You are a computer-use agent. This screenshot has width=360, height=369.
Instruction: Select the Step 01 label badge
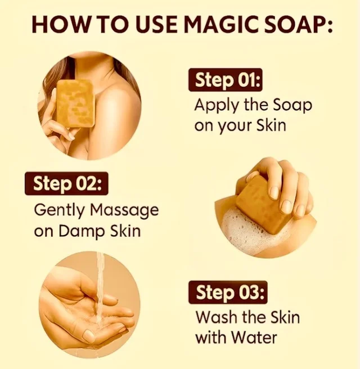(x=225, y=80)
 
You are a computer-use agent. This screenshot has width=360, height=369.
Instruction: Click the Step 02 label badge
(x=66, y=183)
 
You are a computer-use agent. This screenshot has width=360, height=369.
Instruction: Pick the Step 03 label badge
(x=228, y=292)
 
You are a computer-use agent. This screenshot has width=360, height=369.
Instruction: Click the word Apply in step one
(x=217, y=105)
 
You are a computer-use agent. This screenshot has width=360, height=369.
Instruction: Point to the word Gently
(x=59, y=210)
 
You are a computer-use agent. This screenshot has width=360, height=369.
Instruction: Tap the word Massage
(x=124, y=210)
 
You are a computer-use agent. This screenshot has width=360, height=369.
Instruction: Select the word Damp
(x=82, y=231)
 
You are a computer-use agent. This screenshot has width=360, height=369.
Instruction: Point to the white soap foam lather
(x=249, y=232)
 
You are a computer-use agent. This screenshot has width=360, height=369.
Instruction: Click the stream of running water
(x=101, y=294)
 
